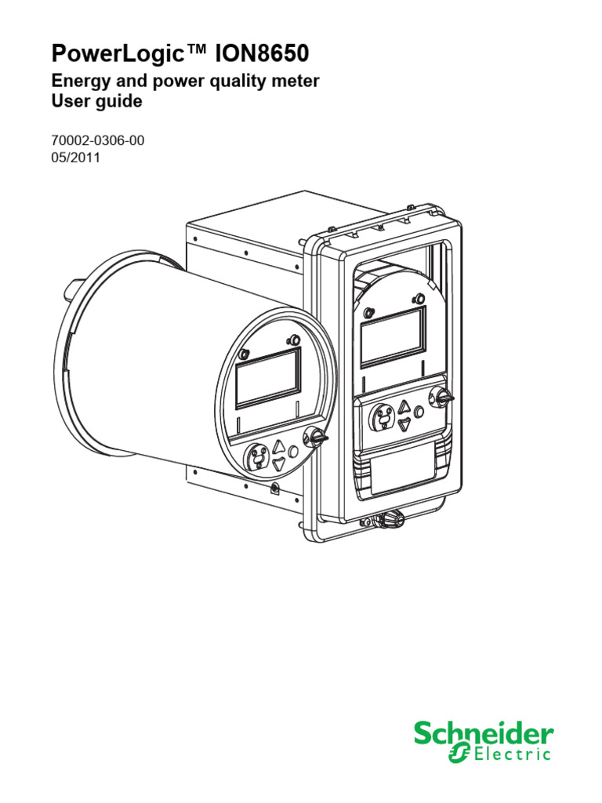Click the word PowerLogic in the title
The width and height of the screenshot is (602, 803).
[x=118, y=54]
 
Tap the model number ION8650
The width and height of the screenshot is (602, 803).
[x=262, y=53]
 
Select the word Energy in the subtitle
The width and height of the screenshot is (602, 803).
[x=82, y=82]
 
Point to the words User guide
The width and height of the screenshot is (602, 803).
[x=96, y=101]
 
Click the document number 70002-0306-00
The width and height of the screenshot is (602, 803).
[x=98, y=140]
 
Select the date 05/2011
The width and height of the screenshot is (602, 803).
[x=76, y=158]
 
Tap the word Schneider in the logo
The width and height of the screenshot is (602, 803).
[x=484, y=735]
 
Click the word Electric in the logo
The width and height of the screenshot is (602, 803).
[x=512, y=754]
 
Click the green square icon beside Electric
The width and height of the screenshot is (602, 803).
[x=459, y=754]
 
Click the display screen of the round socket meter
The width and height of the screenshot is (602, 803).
[x=268, y=378]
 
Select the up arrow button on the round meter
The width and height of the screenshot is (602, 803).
[x=279, y=446]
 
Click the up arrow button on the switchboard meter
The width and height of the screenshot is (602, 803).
[x=404, y=408]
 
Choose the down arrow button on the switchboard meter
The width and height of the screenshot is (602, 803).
[x=404, y=423]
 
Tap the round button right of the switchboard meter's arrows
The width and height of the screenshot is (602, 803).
[x=419, y=412]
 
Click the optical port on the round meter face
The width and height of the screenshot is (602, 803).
[x=259, y=456]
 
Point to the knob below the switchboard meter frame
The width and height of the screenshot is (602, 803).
[x=392, y=519]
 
